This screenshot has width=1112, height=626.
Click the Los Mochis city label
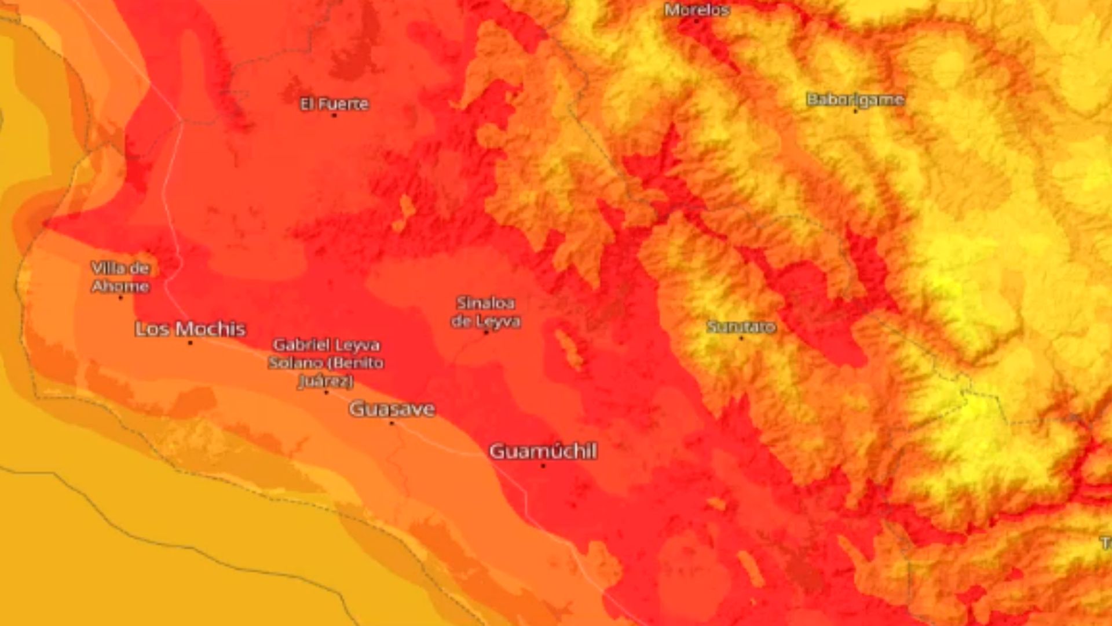pyautogui.click(x=191, y=329)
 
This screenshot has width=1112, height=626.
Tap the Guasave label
pyautogui.click(x=392, y=409)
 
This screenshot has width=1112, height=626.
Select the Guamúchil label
pyautogui.click(x=543, y=451)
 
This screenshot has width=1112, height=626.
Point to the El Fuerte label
pyautogui.click(x=334, y=104)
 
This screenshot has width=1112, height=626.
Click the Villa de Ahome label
pyautogui.click(x=120, y=277)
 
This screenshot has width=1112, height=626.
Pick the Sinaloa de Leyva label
pyautogui.click(x=485, y=312)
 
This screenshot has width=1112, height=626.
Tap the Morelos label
pyautogui.click(x=697, y=10)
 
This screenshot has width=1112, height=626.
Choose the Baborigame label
pyautogui.click(x=855, y=99)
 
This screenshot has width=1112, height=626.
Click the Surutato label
pyautogui.click(x=741, y=327)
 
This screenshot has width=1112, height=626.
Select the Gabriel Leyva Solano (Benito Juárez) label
pyautogui.click(x=326, y=363)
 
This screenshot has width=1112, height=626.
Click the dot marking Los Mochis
pyautogui.click(x=190, y=343)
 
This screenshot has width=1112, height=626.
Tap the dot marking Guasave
pyautogui.click(x=392, y=423)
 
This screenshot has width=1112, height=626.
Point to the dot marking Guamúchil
pyautogui.click(x=543, y=465)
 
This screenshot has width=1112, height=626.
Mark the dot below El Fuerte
pyautogui.click(x=334, y=115)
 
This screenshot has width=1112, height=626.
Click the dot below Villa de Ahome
pyautogui.click(x=120, y=298)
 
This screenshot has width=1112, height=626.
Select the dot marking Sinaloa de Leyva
pyautogui.click(x=486, y=333)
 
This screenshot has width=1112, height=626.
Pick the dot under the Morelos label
pyautogui.click(x=697, y=21)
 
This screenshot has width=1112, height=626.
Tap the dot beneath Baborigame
pyautogui.click(x=855, y=111)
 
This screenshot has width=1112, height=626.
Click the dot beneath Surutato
pyautogui.click(x=741, y=338)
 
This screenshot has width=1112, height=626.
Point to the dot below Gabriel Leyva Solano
pyautogui.click(x=326, y=392)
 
